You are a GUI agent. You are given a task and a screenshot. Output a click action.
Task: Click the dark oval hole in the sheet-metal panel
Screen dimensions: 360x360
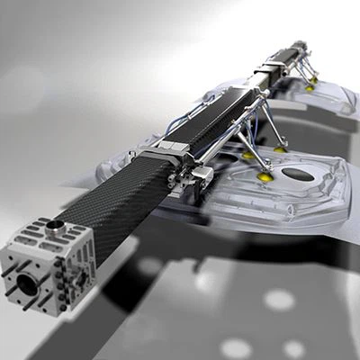pyautogui.click(x=297, y=175)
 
